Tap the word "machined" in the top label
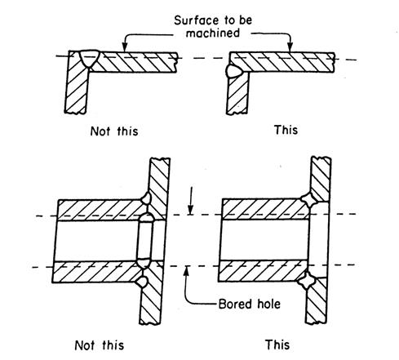tap(213, 33)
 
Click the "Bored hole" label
tap(250, 304)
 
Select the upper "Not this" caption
tap(114, 131)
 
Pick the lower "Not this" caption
tap(100, 345)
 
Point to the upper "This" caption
tap(286, 130)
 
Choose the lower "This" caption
tap(277, 344)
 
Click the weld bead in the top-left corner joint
tap(89, 58)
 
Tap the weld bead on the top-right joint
tap(233, 71)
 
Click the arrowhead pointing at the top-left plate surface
tap(125, 48)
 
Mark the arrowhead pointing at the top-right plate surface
tap(290, 48)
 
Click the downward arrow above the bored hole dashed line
tap(191, 201)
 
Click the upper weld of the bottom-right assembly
tap(309, 200)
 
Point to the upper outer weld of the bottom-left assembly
tap(146, 198)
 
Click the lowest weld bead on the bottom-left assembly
tap(142, 282)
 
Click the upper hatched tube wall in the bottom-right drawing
tap(265, 209)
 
